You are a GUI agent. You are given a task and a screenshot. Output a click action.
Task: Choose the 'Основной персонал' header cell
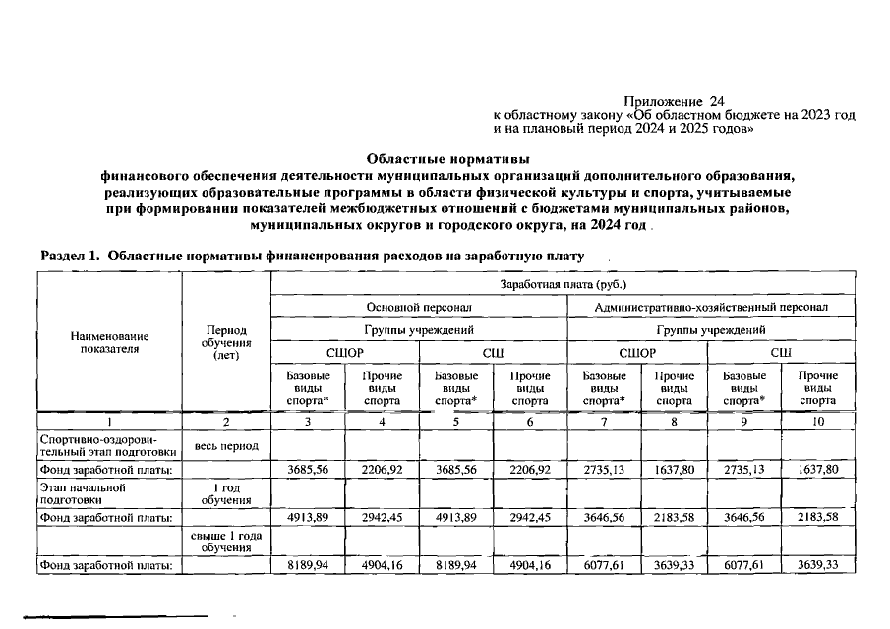point(419,308)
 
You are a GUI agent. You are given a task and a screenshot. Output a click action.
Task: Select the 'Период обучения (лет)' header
point(226,343)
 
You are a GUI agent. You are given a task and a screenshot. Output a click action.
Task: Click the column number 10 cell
point(817,422)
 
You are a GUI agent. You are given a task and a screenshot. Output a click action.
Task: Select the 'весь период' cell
point(226,446)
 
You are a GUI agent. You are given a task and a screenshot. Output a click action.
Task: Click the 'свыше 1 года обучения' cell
point(226,541)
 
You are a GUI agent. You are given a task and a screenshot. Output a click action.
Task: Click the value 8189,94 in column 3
point(307,565)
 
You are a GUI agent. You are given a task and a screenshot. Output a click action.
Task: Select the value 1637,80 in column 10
point(817,470)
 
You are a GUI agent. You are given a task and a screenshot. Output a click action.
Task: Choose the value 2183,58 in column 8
point(674,517)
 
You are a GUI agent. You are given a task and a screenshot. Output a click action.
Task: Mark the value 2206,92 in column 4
point(382,470)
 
